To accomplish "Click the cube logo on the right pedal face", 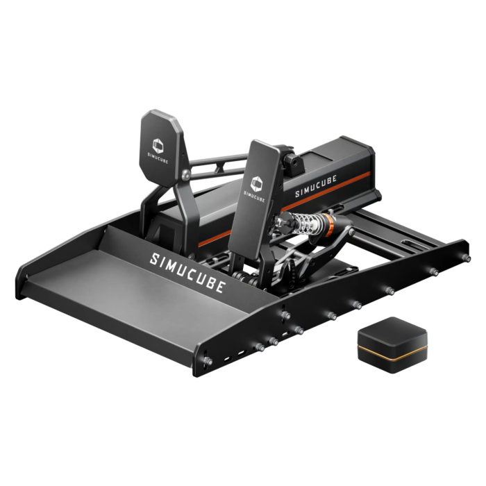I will pos(256,181).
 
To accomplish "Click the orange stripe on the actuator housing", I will pos(347,190).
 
